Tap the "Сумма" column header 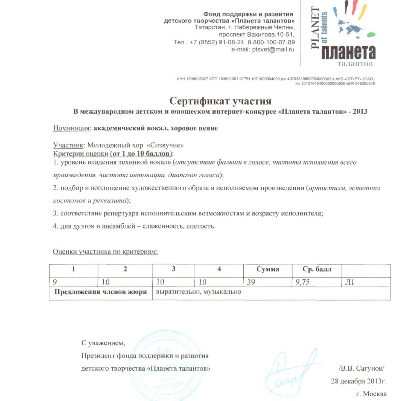point(267,269)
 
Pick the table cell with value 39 point(251,282)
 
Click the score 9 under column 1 point(55,282)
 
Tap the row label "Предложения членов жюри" point(100,292)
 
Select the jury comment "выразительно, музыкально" point(198,292)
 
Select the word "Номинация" point(71,128)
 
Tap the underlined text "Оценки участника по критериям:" point(105,251)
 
